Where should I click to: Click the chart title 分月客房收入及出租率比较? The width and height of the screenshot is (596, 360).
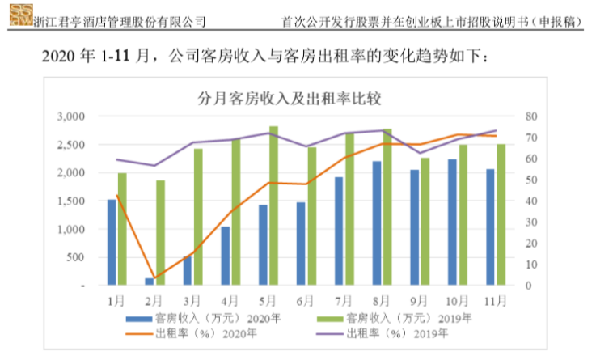point(289,100)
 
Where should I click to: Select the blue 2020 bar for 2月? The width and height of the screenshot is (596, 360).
point(149,281)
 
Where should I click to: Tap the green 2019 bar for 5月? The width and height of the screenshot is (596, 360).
point(273,205)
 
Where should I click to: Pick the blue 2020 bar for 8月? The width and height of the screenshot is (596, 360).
point(377,222)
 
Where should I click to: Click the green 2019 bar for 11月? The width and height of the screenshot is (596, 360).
point(501,214)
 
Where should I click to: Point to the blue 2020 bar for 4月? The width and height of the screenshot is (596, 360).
point(225,256)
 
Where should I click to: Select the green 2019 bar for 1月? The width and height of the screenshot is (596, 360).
point(122,229)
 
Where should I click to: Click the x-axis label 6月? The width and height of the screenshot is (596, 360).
point(306,300)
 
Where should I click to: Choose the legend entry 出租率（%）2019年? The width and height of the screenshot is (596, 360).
point(399,332)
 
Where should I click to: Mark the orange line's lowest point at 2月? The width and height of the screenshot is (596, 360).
point(154,277)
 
